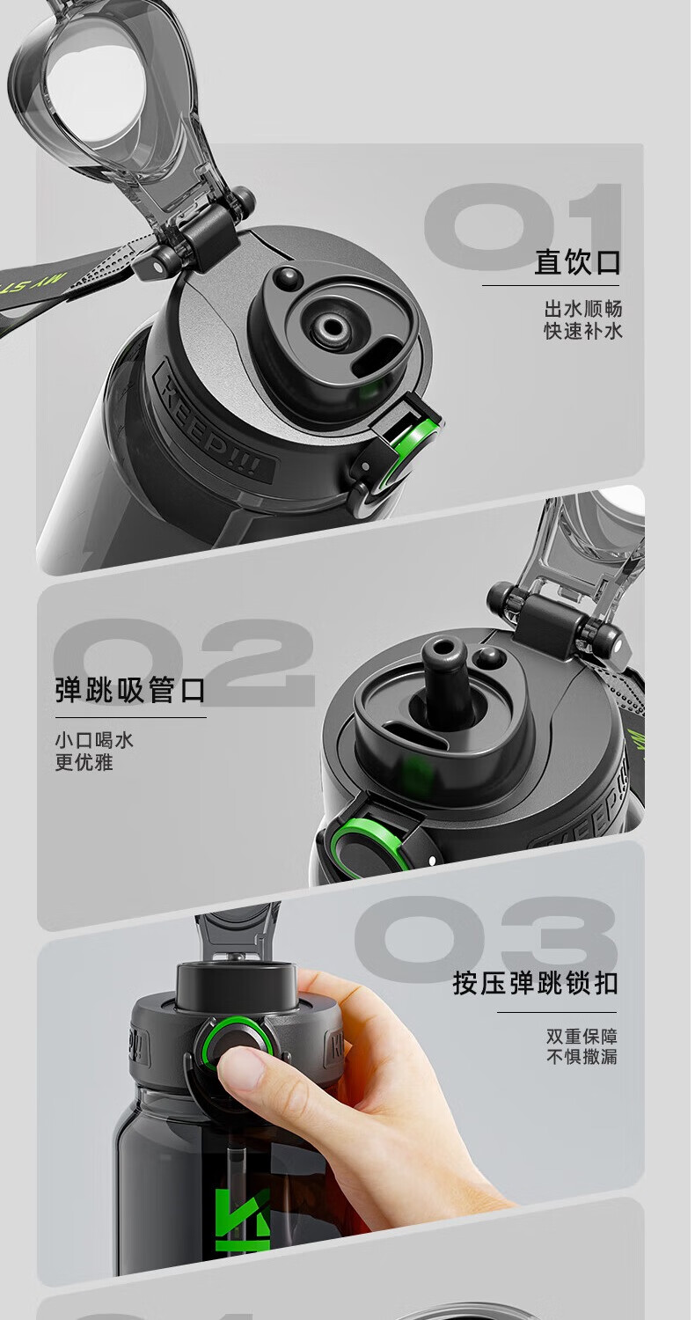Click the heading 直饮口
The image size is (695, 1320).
pyautogui.click(x=578, y=262)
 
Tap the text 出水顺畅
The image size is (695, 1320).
pyautogui.click(x=583, y=309)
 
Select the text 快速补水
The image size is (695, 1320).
pyautogui.click(x=583, y=331)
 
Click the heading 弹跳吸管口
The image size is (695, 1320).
pyautogui.click(x=130, y=690)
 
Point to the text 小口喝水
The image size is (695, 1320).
pyautogui.click(x=95, y=740)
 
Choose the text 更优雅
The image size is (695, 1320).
pyautogui.click(x=84, y=762)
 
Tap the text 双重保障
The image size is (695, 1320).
pyautogui.click(x=582, y=1036)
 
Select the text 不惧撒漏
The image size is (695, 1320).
pyautogui.click(x=582, y=1057)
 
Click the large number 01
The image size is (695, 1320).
pyautogui.click(x=523, y=226)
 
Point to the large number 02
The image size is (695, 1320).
pyautogui.click(x=184, y=661)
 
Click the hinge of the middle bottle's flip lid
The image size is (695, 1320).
pyautogui.click(x=553, y=620)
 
